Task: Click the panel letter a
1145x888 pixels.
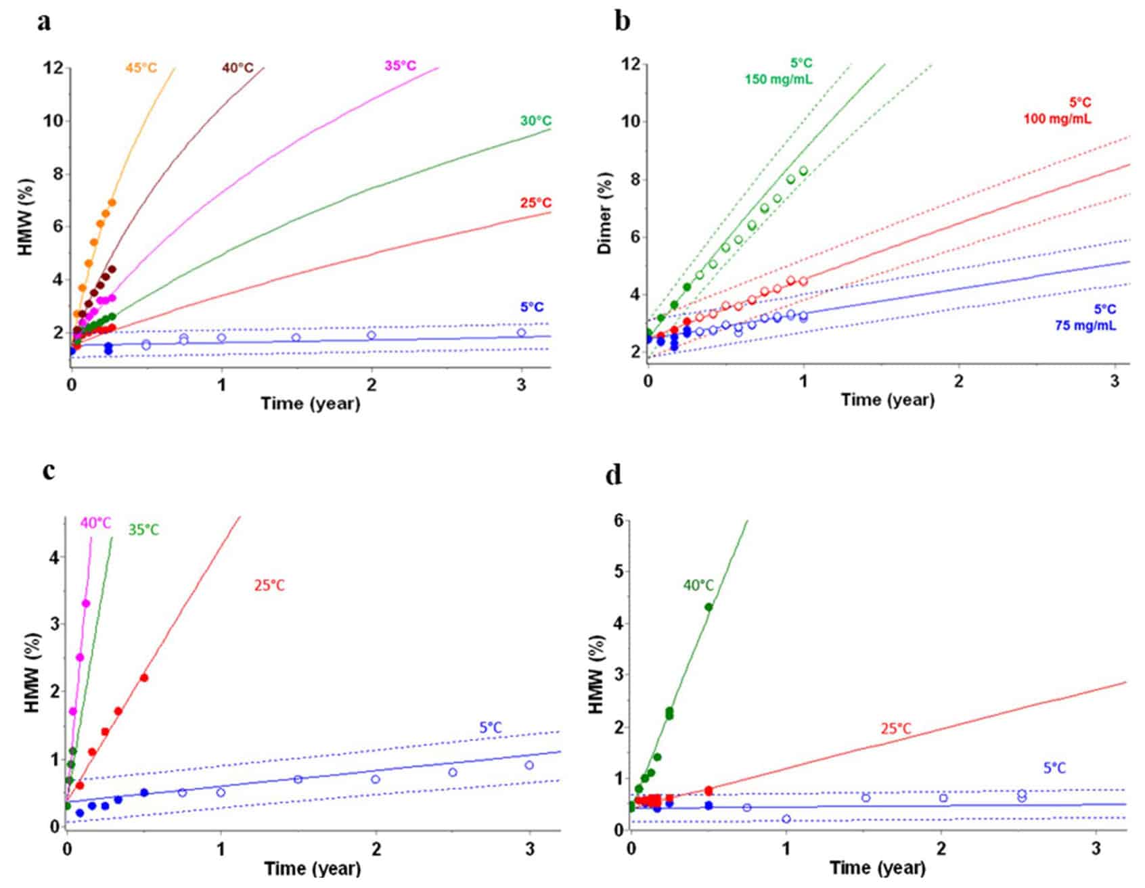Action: (45, 22)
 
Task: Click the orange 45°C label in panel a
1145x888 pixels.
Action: (141, 68)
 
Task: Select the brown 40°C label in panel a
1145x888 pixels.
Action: (238, 68)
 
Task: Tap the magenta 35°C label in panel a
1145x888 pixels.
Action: (400, 66)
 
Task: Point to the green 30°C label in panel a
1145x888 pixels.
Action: (535, 121)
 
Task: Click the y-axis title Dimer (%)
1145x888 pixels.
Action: (605, 213)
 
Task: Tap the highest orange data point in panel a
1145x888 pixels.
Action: (112, 202)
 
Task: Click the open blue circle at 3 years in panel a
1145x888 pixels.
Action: (521, 333)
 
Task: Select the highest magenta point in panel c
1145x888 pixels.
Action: (86, 603)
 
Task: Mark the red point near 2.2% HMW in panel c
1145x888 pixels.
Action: (143, 678)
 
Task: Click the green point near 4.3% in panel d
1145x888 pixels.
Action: (709, 607)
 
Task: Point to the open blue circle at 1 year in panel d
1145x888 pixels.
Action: (786, 819)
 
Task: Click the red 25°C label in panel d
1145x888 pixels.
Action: (895, 728)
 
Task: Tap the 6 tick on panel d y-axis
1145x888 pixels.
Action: (618, 521)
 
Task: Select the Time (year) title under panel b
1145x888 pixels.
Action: (887, 399)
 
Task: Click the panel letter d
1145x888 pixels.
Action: (614, 475)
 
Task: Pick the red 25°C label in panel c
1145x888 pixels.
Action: (269, 585)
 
